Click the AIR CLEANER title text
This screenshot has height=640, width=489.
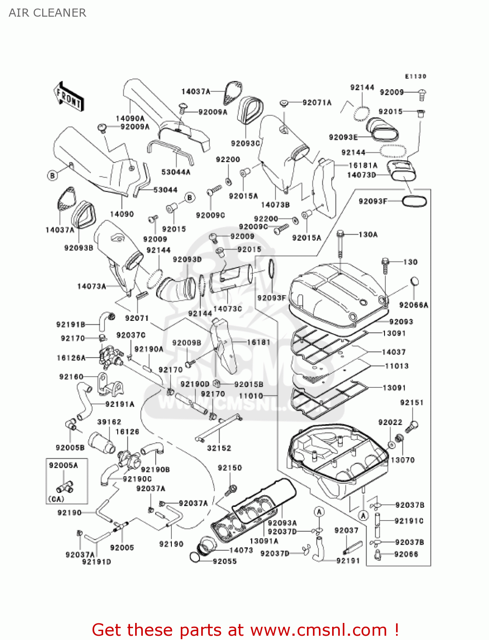pos(47,13)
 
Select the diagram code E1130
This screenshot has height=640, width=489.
pos(415,76)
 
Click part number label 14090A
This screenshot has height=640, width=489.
pos(130,119)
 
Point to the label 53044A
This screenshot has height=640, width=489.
pos(176,172)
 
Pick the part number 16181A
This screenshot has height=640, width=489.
pos(363,165)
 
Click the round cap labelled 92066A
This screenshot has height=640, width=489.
pos(414,281)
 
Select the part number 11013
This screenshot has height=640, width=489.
pos(396,366)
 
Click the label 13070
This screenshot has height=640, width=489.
pos(402,460)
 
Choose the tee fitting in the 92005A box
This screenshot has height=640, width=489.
pos(64,486)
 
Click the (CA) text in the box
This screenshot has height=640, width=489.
pos(56,499)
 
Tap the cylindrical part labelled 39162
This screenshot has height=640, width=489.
pos(101,442)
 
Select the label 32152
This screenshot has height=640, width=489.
pos(219,448)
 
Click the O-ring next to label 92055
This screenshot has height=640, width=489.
pos(194,557)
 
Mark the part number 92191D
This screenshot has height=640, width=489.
pos(96,562)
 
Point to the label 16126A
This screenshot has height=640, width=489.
pos(71,358)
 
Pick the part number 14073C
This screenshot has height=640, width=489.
pos(227,308)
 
